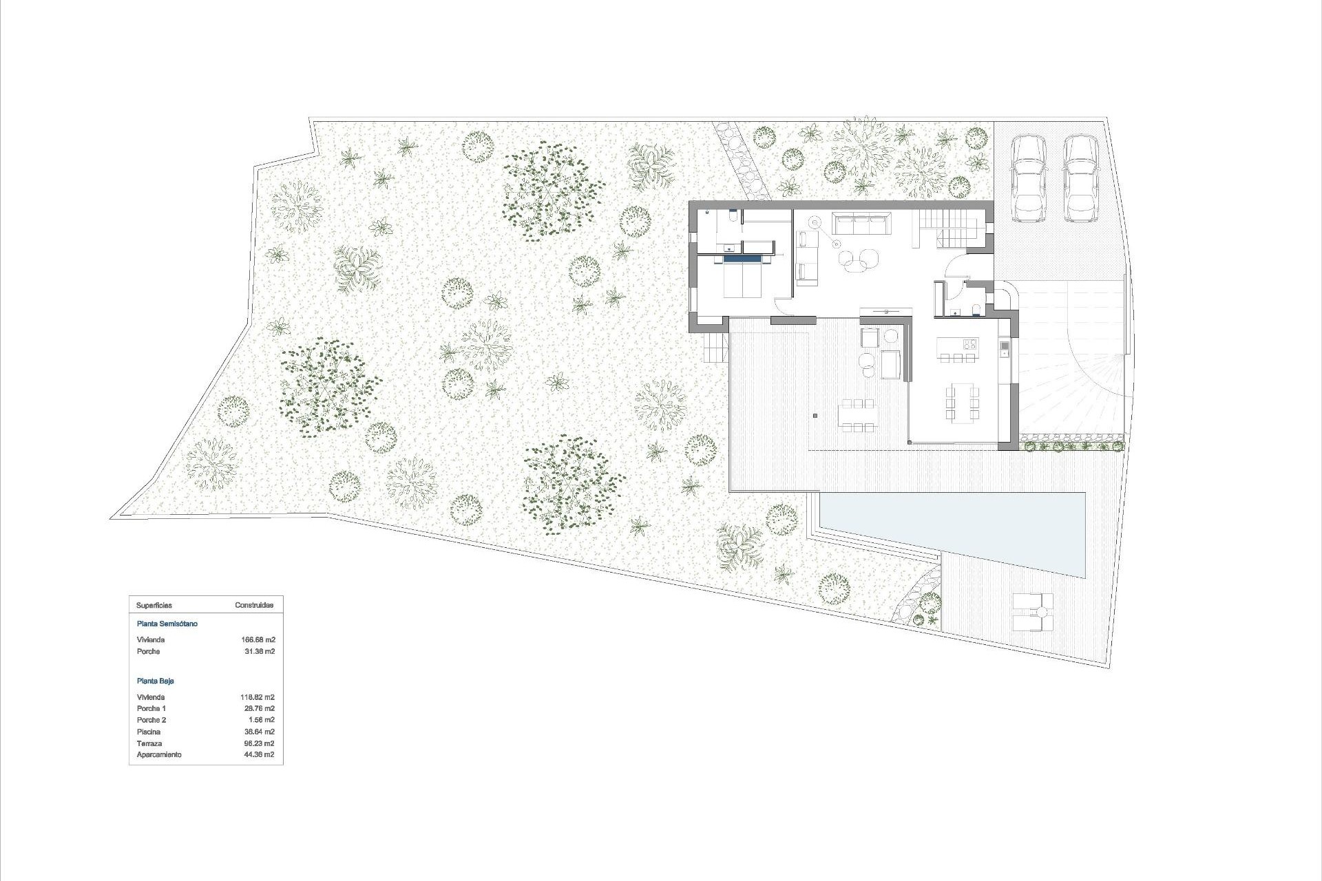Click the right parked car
(1080, 179)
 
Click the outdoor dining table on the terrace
(857, 416)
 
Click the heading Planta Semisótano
(167, 624)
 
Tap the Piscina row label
(149, 732)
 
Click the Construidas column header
(254, 606)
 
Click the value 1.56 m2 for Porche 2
(260, 720)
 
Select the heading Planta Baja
(156, 681)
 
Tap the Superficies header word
(154, 606)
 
